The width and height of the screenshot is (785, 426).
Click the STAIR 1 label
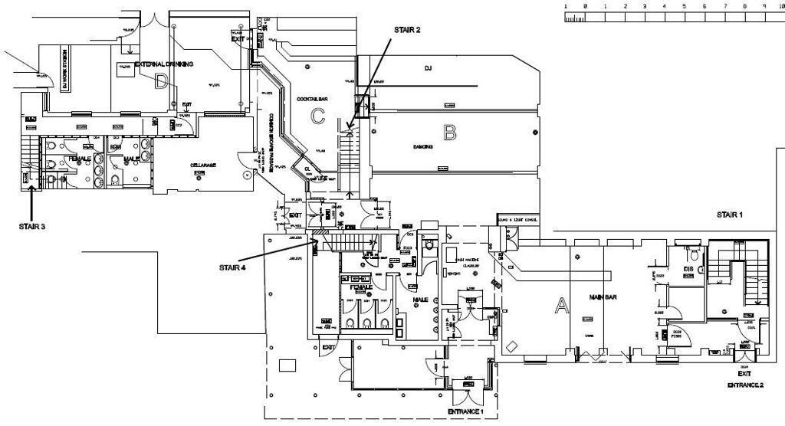pos(729,215)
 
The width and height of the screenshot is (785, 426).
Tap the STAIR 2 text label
pos(407,30)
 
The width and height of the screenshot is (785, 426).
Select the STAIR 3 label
pos(32,227)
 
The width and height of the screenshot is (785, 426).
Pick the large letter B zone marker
pos(449,133)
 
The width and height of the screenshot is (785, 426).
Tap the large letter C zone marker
pos(318,116)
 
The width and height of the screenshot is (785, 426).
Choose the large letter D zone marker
pos(161,81)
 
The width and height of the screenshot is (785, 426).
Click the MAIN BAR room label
pos(603,297)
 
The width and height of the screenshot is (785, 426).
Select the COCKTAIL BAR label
pos(313,100)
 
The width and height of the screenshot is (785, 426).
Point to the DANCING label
pos(423,146)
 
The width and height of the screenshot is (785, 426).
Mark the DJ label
pos(429,69)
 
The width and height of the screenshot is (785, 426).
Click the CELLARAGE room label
pos(204,165)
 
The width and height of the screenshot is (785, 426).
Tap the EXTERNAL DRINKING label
pos(164,64)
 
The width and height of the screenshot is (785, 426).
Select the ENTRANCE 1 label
pos(466,412)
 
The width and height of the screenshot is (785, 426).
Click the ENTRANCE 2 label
pos(745,385)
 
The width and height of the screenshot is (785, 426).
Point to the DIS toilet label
pos(688,269)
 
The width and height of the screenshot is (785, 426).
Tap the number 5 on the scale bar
pos(685,6)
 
